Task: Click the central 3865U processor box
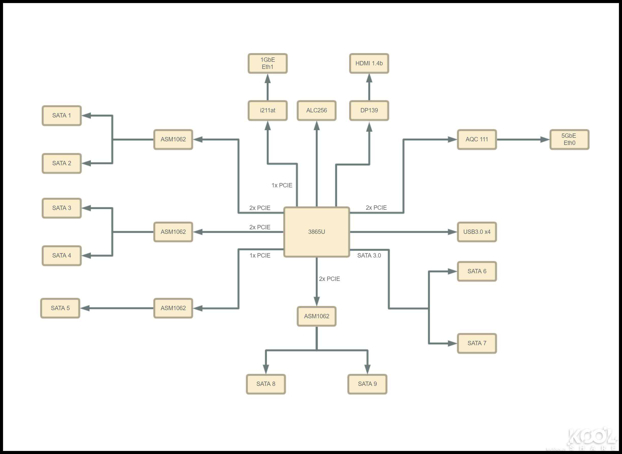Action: coord(316,232)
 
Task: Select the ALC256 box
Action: coord(316,111)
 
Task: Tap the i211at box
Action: coord(268,111)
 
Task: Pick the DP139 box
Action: coord(369,111)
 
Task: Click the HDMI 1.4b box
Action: coord(369,64)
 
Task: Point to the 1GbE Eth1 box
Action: coord(268,64)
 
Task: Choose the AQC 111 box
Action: coord(477,139)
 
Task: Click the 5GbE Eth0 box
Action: coord(569,139)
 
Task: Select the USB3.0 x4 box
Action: coord(477,232)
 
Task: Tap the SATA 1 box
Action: coord(62,115)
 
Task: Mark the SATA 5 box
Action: coord(60,308)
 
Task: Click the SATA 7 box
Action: coord(477,343)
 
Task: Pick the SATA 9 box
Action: coord(367,384)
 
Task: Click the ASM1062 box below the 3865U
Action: coord(316,316)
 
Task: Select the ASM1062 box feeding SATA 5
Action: coord(173,308)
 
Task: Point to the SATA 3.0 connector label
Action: coord(369,255)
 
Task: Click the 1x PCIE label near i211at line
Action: coord(282,186)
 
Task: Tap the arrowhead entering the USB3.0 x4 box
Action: coord(452,232)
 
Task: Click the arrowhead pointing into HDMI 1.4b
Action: coord(369,78)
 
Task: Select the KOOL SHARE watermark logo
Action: coord(591,440)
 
